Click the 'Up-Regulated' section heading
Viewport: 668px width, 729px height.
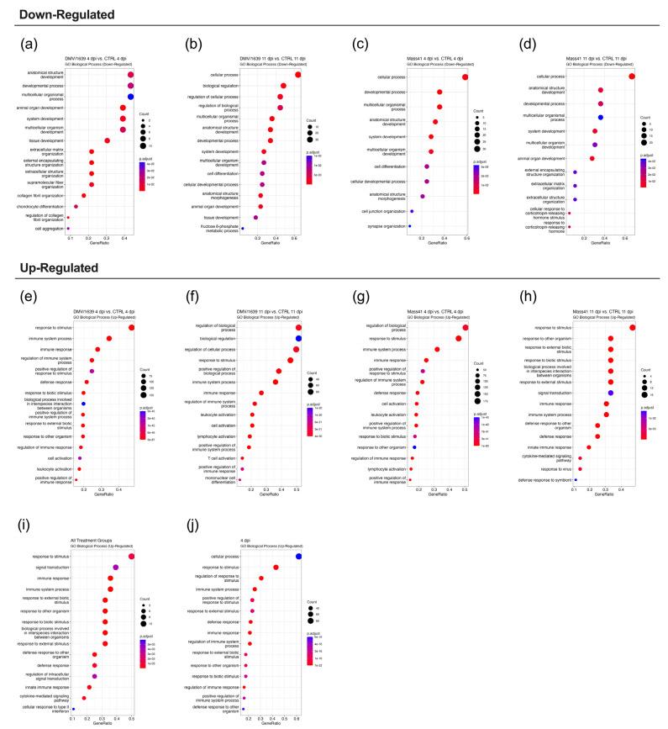[x=48, y=267]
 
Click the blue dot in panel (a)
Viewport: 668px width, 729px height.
[x=131, y=97]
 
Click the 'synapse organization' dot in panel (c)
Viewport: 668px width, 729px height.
[x=409, y=226]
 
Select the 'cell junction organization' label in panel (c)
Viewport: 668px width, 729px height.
[x=387, y=211]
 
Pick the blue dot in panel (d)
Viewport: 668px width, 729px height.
[x=601, y=117]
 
